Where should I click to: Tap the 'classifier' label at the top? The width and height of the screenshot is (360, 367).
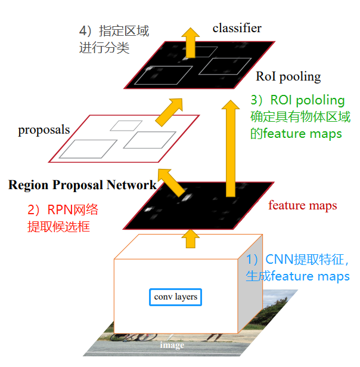[237, 28]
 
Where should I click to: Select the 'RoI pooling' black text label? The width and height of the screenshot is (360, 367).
[288, 76]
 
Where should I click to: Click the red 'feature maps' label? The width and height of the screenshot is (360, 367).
[302, 206]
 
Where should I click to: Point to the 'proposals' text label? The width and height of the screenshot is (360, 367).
[44, 129]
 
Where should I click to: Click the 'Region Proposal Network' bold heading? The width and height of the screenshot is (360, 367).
[82, 184]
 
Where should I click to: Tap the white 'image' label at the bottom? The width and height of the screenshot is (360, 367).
[172, 345]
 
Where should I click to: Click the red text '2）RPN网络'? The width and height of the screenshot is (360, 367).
[63, 209]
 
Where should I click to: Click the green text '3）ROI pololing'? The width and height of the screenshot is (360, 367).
[297, 100]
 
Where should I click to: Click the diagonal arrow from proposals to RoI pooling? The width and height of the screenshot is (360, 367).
[170, 110]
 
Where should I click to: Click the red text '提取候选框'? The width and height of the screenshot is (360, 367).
[58, 227]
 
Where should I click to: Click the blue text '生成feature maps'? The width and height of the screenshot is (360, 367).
[297, 277]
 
